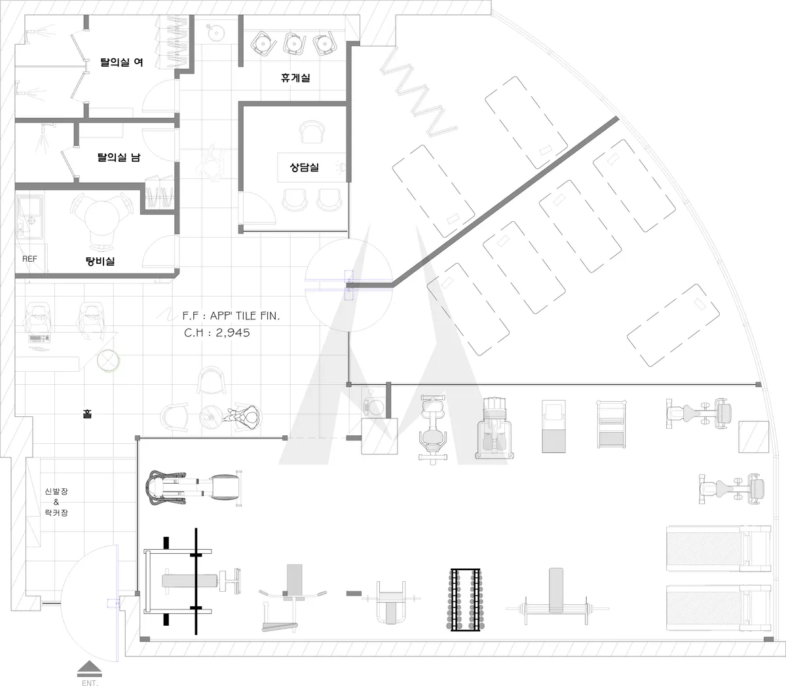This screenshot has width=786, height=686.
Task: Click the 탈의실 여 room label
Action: (121, 62)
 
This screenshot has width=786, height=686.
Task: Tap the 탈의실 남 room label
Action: (119, 157)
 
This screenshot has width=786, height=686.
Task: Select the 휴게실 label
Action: (295, 78)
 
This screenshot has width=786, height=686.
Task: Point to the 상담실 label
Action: (304, 167)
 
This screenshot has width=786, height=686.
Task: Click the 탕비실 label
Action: (100, 261)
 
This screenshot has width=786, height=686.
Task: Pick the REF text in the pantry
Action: (29, 259)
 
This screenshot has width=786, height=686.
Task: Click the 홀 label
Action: (87, 414)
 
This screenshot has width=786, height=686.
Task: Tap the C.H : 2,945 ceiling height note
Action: (217, 333)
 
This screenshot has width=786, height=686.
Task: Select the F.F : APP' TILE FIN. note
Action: (231, 316)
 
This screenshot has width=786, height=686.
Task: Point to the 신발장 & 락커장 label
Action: (56, 502)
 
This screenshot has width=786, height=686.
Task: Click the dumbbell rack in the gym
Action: (465, 599)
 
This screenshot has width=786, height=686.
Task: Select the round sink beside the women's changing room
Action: (215, 31)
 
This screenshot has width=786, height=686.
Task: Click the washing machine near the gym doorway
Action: (374, 403)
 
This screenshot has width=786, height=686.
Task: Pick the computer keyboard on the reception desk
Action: (39, 338)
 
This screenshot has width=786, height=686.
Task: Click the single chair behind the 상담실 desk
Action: (312, 132)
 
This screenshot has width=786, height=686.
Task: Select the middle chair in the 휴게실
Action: (294, 43)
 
